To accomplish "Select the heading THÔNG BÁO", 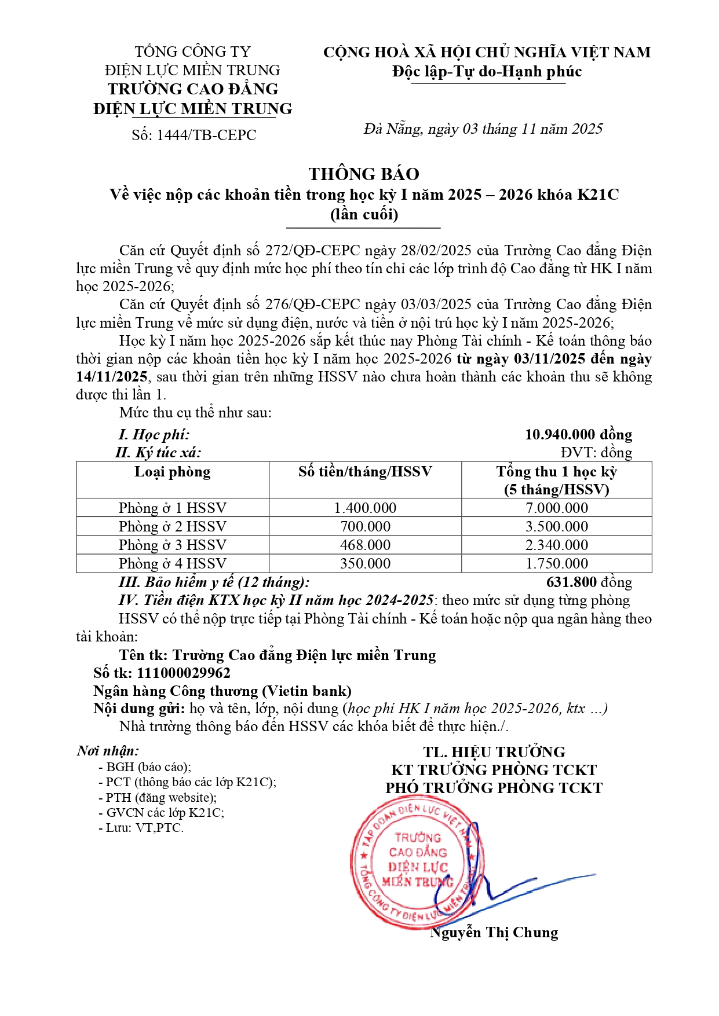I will pos(364,174).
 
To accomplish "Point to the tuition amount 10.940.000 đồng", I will pos(578,434).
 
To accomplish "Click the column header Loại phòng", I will pos(173,472).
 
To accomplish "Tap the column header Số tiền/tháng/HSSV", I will pos(365,472).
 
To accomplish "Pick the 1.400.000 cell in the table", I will pos(365,508).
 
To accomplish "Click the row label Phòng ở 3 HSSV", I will pos(173,545).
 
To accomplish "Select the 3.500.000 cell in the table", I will pos(557,526).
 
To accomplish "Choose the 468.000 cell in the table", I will pos(365,545).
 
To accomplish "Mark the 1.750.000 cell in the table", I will pos(557,563).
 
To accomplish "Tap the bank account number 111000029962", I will pos(184,673).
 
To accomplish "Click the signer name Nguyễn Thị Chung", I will pos(494,933).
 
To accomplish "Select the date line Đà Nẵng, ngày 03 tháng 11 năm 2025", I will pos(483,129).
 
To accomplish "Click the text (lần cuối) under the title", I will pos(364,214).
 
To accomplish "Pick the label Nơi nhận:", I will pos(108,751).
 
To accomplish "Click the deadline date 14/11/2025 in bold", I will pos(112,377).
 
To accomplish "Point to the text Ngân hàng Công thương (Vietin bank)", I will pos(222,691).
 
